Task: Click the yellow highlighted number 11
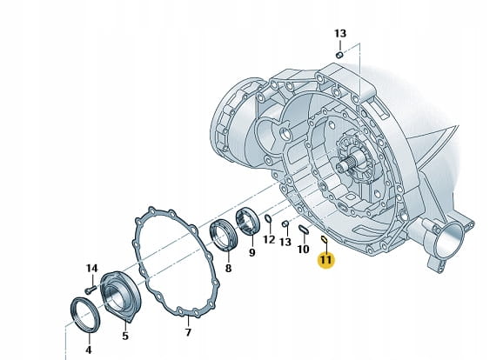coord(325,259)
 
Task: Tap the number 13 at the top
coord(340,33)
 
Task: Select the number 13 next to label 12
coord(285,242)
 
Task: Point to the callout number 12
coord(269,239)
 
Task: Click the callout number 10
coord(303,249)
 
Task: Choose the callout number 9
coord(252,253)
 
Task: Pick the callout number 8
coord(228,269)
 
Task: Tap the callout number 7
coord(188,332)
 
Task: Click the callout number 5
coord(125,336)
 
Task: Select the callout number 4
coord(89,350)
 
